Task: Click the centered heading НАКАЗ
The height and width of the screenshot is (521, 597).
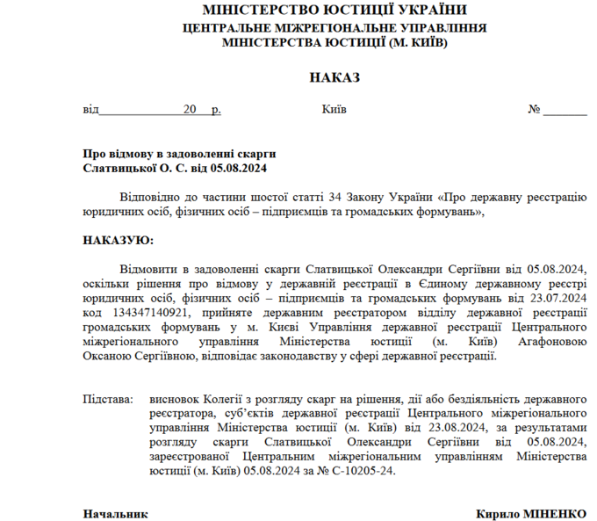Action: tap(334, 78)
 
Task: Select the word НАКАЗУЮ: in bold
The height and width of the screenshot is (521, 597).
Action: tap(118, 240)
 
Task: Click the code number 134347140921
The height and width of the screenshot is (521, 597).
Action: tap(150, 312)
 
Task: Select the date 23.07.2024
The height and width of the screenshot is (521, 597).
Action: tap(557, 298)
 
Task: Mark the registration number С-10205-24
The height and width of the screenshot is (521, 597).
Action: tap(367, 470)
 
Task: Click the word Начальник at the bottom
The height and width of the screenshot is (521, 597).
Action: tap(115, 513)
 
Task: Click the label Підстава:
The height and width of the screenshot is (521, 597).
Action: tap(108, 399)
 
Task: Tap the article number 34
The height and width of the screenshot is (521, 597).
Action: tap(333, 198)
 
